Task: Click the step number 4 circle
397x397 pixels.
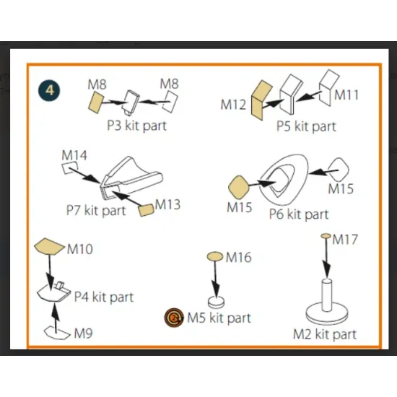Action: [49, 91]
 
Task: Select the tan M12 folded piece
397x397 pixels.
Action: [261, 100]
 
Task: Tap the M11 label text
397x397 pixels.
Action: [346, 95]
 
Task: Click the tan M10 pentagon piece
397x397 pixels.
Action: [49, 246]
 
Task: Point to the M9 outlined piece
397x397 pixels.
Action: [57, 333]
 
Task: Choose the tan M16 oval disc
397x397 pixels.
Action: [215, 256]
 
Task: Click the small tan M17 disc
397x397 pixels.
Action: [326, 236]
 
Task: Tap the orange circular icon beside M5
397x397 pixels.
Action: [174, 318]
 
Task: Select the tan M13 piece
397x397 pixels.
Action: [146, 210]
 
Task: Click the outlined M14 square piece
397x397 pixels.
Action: [69, 168]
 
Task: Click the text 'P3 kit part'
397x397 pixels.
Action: [136, 126]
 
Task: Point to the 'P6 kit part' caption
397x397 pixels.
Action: [299, 214]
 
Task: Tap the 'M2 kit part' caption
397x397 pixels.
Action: [325, 334]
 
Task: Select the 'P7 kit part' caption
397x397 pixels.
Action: [96, 210]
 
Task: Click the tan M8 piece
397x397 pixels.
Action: [96, 102]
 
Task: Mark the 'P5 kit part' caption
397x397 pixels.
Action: [306, 126]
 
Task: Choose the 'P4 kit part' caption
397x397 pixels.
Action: [104, 297]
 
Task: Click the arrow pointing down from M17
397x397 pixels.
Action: [326, 258]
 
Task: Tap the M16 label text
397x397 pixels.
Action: [238, 258]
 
